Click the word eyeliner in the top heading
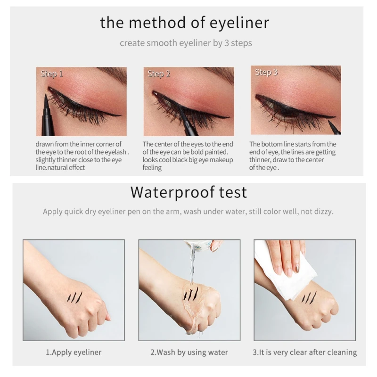pyautogui.click(x=239, y=23)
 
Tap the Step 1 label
pyautogui.click(x=51, y=74)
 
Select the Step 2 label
pyautogui.click(x=159, y=74)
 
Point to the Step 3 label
pyautogui.click(x=266, y=73)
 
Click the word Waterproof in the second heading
pyautogui.click(x=172, y=193)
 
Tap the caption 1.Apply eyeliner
pyautogui.click(x=74, y=352)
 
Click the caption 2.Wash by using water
pyautogui.click(x=189, y=352)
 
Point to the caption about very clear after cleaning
pyautogui.click(x=304, y=352)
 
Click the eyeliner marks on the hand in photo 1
pyautogui.click(x=74, y=297)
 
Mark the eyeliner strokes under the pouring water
pyautogui.click(x=191, y=293)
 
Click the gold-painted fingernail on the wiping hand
pyautogui.click(x=297, y=267)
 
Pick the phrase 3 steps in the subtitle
pyautogui.click(x=238, y=43)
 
